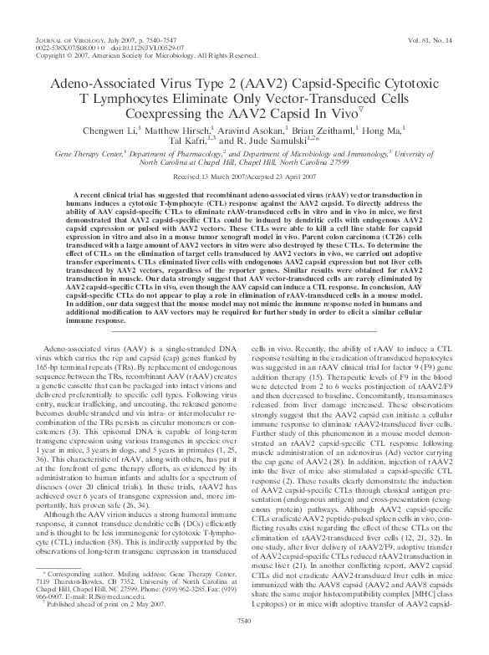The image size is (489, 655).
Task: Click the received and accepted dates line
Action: coord(244,178)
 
